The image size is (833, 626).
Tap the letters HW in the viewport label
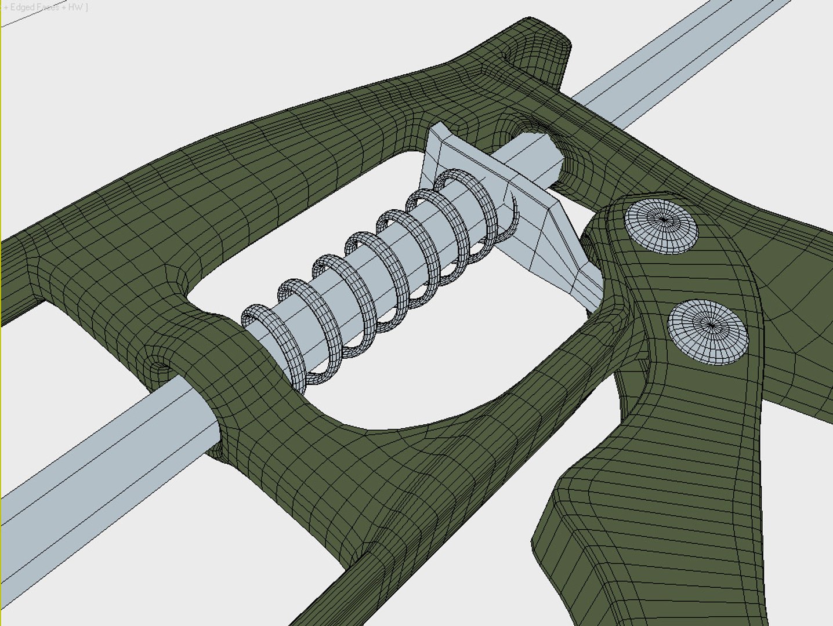point(76,8)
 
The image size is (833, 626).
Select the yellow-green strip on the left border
point(1,313)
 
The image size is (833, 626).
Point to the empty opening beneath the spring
point(441,371)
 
